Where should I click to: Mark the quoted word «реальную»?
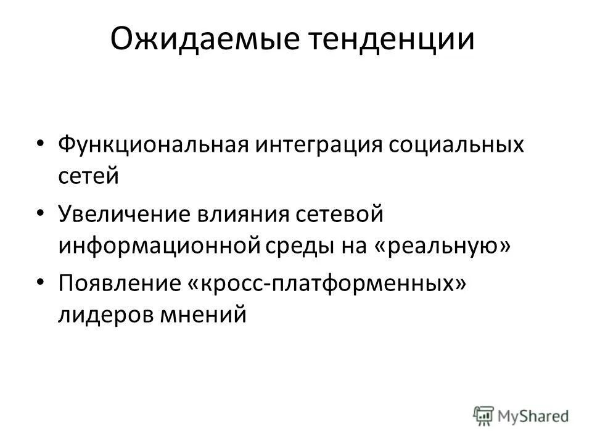tap(440, 245)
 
